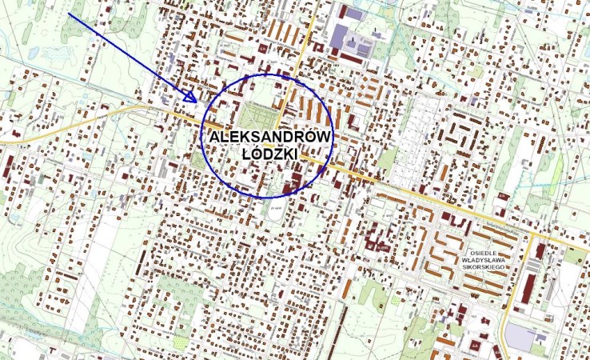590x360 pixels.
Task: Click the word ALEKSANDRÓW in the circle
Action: point(269,138)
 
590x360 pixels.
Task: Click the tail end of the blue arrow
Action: point(70,14)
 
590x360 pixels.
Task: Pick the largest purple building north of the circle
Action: point(341,37)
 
